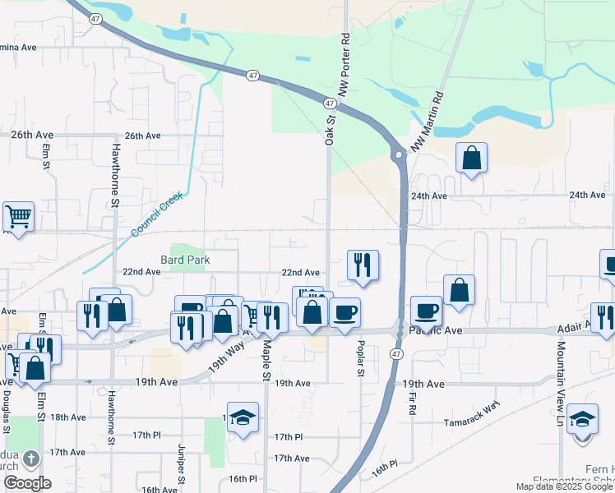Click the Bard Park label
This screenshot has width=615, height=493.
click(x=186, y=260)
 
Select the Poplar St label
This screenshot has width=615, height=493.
click(x=360, y=359)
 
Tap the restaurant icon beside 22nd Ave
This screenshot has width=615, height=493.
click(x=363, y=265)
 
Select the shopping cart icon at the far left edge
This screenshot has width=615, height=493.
click(x=18, y=217)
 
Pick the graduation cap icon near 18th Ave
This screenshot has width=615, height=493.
click(x=243, y=417)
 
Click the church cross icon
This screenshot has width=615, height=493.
click(x=30, y=458)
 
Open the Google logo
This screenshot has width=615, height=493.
click(x=27, y=483)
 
